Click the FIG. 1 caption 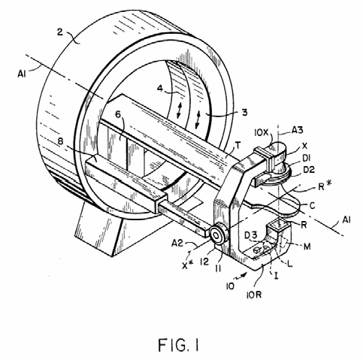(x=178, y=344)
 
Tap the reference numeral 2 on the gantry (x=60, y=32)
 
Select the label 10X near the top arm (x=262, y=132)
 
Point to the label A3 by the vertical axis (x=298, y=130)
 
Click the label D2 (x=309, y=170)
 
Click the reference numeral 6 (x=118, y=114)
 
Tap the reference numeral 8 (x=59, y=142)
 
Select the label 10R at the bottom (x=254, y=294)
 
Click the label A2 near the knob (x=177, y=243)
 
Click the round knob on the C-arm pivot (x=218, y=235)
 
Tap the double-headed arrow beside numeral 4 (x=179, y=110)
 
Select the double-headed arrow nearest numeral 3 (x=198, y=120)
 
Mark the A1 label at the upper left (x=22, y=74)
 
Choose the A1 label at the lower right (x=346, y=219)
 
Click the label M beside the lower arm (x=307, y=247)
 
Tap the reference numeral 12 (x=204, y=262)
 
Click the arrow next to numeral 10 (x=241, y=276)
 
